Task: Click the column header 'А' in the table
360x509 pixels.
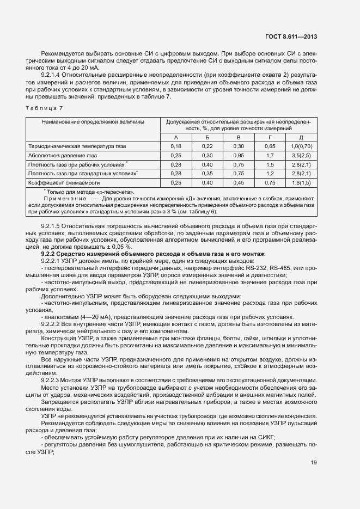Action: (175, 138)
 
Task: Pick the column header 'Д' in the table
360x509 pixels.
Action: (301, 138)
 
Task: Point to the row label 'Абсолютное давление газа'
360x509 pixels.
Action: (62, 155)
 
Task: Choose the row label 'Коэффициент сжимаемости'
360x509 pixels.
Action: (64, 182)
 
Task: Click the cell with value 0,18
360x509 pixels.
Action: (175, 146)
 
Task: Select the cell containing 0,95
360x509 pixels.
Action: (239, 155)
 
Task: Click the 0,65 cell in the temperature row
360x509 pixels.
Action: (270, 146)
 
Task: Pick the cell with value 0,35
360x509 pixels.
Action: (207, 173)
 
